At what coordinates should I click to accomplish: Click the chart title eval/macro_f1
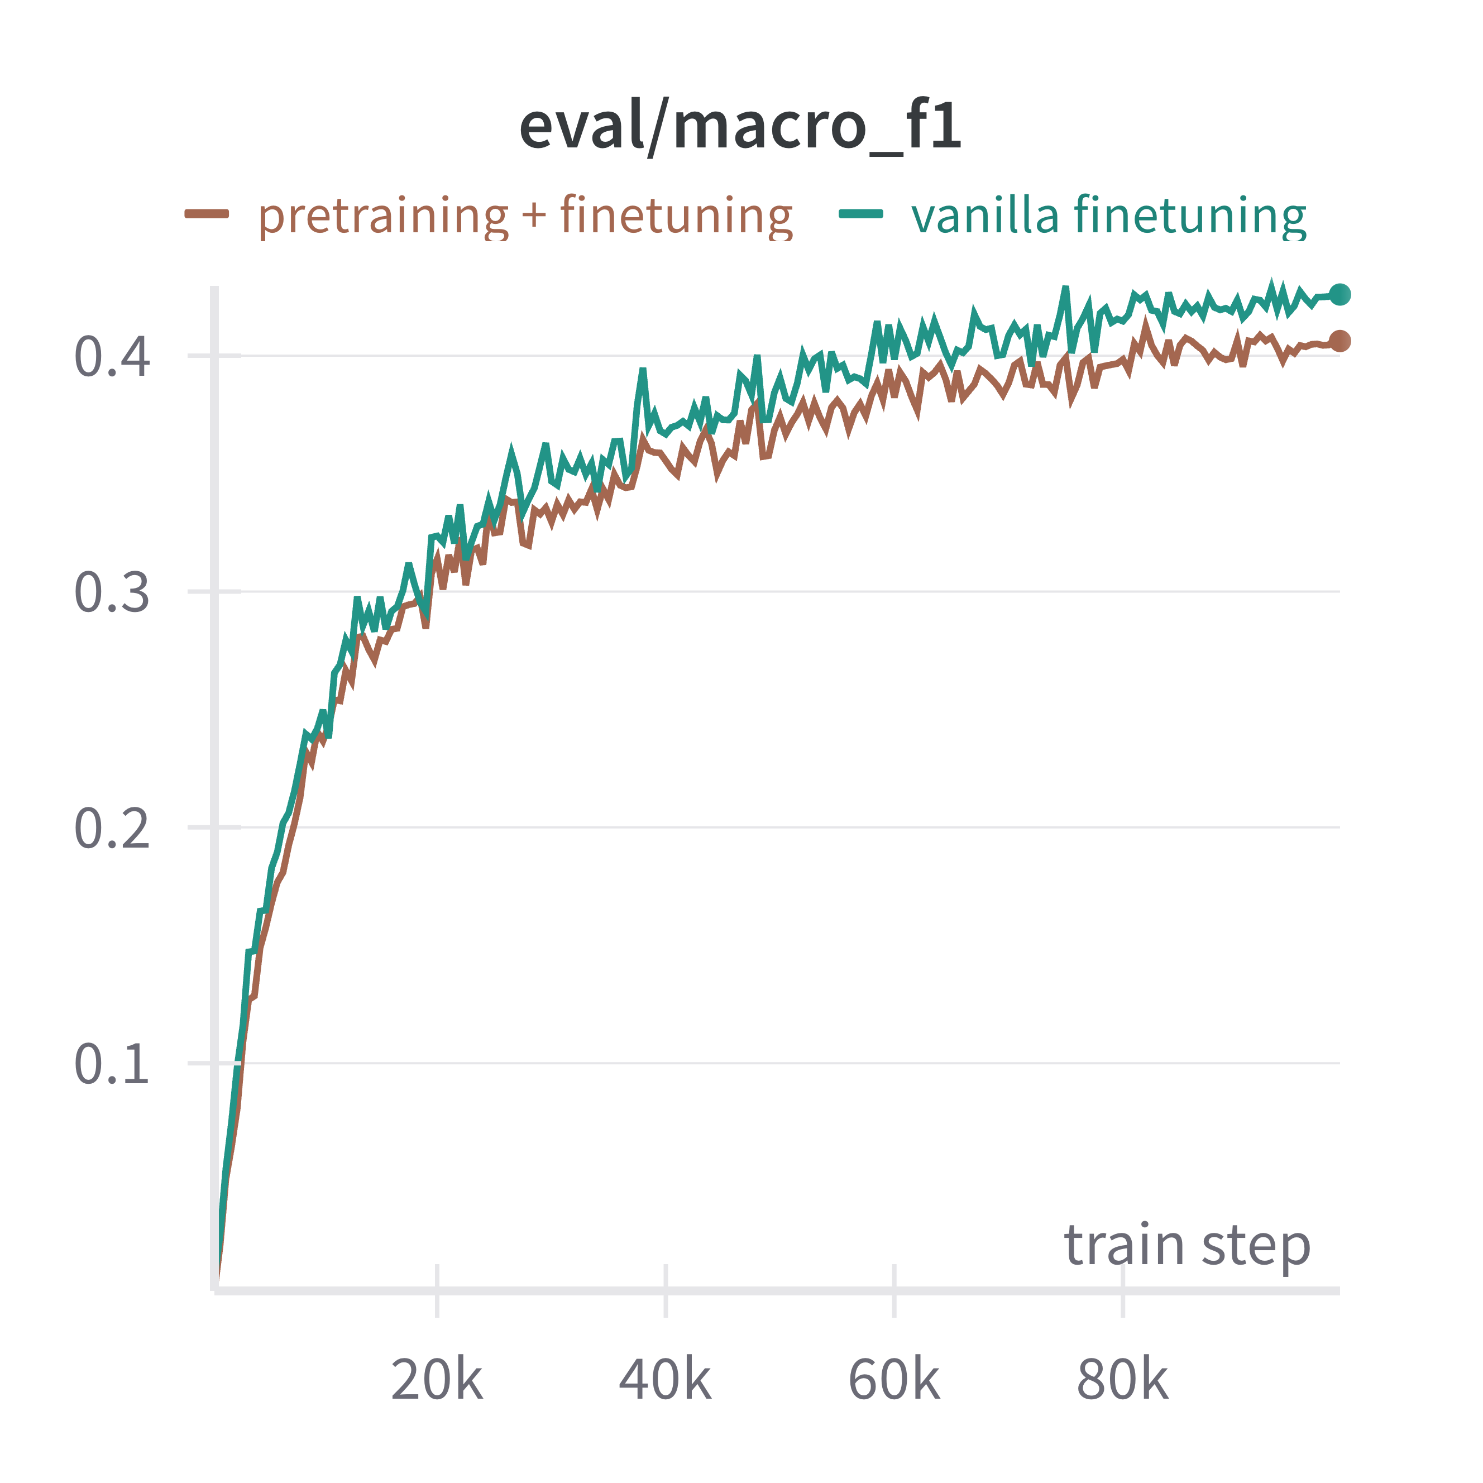click(741, 127)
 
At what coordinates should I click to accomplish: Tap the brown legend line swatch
click(207, 214)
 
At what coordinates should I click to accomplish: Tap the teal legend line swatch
click(860, 214)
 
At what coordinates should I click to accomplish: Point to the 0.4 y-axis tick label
click(112, 357)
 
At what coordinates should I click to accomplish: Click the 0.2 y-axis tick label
click(112, 829)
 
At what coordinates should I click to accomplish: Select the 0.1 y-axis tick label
click(112, 1065)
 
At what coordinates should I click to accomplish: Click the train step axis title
click(1187, 1245)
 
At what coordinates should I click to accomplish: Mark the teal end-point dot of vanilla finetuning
click(1340, 294)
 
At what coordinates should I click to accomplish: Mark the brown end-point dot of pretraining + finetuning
click(1340, 341)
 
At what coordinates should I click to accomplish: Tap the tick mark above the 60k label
click(894, 1291)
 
